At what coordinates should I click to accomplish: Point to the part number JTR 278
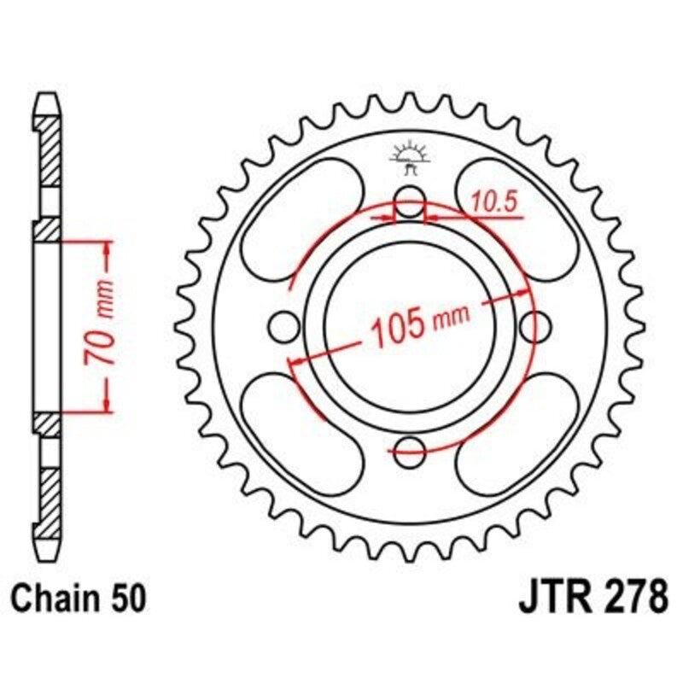pos(593,596)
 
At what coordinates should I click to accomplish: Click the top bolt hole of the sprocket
pos(410,205)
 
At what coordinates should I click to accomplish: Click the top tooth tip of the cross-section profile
pos(49,96)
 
